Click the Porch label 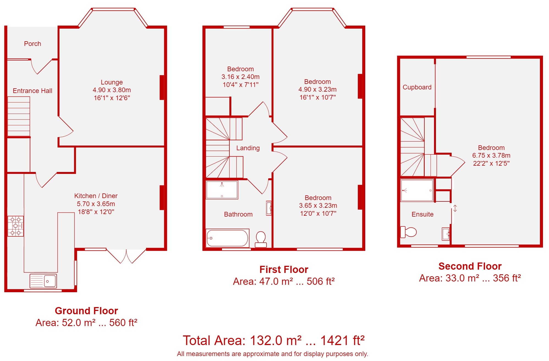pyautogui.click(x=32, y=44)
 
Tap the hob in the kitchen pyautogui.click(x=16, y=226)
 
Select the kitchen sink pyautogui.click(x=43, y=281)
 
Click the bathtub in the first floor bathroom pyautogui.click(x=227, y=238)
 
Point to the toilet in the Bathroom pyautogui.click(x=261, y=239)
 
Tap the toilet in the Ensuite pyautogui.click(x=408, y=232)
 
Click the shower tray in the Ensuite pyautogui.click(x=417, y=190)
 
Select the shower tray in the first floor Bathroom pyautogui.click(x=222, y=190)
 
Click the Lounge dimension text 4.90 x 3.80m pyautogui.click(x=112, y=90)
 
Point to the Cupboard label pyautogui.click(x=417, y=87)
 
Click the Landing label pyautogui.click(x=248, y=148)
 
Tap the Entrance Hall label pyautogui.click(x=32, y=91)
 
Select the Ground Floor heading pyautogui.click(x=86, y=311)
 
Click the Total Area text pyautogui.click(x=274, y=340)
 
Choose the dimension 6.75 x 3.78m pyautogui.click(x=491, y=155)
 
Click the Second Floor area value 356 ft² pyautogui.click(x=507, y=278)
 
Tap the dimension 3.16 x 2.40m pyautogui.click(x=240, y=77)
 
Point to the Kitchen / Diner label pyautogui.click(x=96, y=196)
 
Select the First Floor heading pyautogui.click(x=284, y=269)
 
